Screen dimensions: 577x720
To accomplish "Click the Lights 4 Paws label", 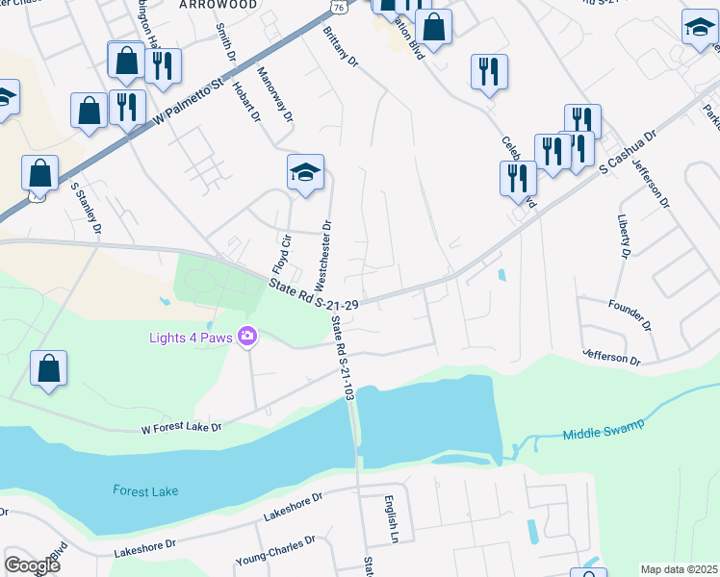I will (193, 337).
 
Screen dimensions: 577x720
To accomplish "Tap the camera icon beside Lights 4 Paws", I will (248, 336).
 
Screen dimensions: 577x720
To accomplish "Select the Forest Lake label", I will (145, 490).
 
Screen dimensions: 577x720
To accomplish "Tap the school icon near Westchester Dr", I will (306, 174).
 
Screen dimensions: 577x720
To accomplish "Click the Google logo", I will (32, 564).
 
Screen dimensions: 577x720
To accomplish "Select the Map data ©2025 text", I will (678, 569).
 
